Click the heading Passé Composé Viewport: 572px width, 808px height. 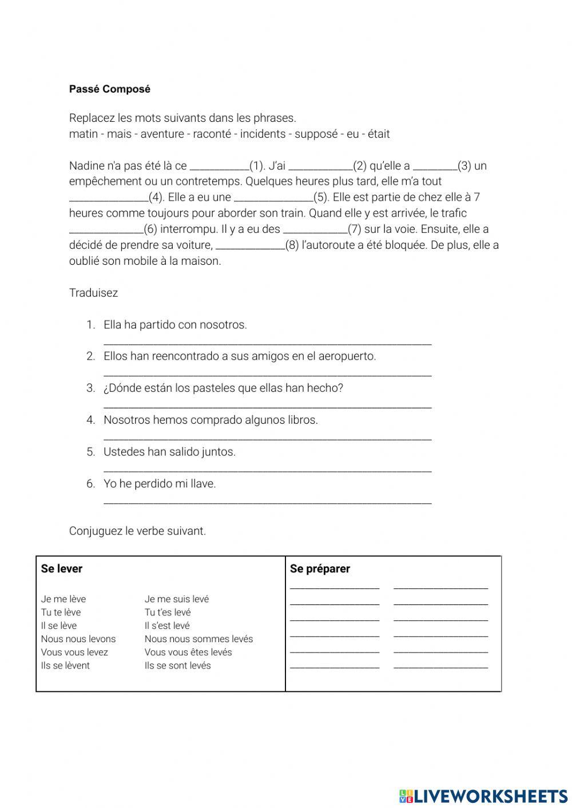(x=109, y=89)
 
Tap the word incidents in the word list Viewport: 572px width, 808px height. (x=263, y=134)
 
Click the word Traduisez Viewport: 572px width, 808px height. (x=93, y=293)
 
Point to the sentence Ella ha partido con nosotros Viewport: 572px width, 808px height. (x=175, y=325)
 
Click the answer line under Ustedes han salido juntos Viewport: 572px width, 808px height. (x=267, y=471)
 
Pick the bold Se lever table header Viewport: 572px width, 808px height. (x=62, y=569)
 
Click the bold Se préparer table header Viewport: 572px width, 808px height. (x=320, y=569)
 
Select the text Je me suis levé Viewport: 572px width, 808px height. (x=177, y=599)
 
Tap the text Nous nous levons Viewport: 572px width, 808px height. (x=78, y=639)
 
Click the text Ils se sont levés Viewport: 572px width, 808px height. (x=177, y=666)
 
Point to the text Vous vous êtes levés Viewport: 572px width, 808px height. (x=188, y=652)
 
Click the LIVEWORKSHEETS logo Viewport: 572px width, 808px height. (x=483, y=795)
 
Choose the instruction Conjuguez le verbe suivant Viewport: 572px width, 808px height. (x=137, y=531)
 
